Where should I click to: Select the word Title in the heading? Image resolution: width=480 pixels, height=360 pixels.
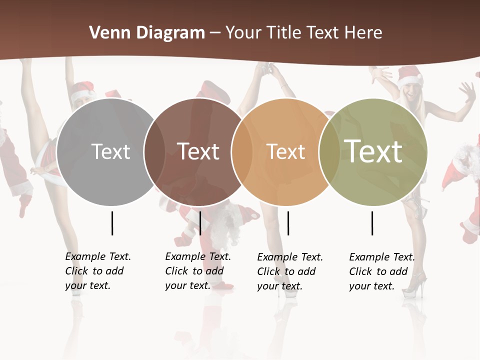click(284, 33)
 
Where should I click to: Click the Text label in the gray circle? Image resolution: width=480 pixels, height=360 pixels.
click(110, 151)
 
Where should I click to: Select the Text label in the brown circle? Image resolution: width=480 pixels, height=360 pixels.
click(198, 151)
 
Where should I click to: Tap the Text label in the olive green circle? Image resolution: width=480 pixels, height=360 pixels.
click(373, 151)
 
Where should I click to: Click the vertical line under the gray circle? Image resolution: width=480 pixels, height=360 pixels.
click(112, 223)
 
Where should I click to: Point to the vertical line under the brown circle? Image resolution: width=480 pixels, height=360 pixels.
click(200, 223)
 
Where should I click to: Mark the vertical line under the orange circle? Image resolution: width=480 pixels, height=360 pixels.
click(288, 223)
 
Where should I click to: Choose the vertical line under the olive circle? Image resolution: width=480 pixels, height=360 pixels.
click(372, 223)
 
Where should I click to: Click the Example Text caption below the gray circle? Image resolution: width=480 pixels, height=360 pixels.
click(97, 271)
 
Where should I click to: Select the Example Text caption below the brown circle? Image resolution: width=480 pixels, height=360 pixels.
click(197, 271)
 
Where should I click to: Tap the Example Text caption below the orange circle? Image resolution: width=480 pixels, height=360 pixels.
click(289, 271)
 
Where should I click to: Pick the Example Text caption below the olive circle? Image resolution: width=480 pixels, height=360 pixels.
click(381, 271)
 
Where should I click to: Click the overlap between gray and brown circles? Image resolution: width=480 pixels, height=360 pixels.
click(154, 152)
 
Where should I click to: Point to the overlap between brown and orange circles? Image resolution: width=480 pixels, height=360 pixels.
click(241, 152)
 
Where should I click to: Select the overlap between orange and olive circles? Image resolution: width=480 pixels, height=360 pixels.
click(329, 152)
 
